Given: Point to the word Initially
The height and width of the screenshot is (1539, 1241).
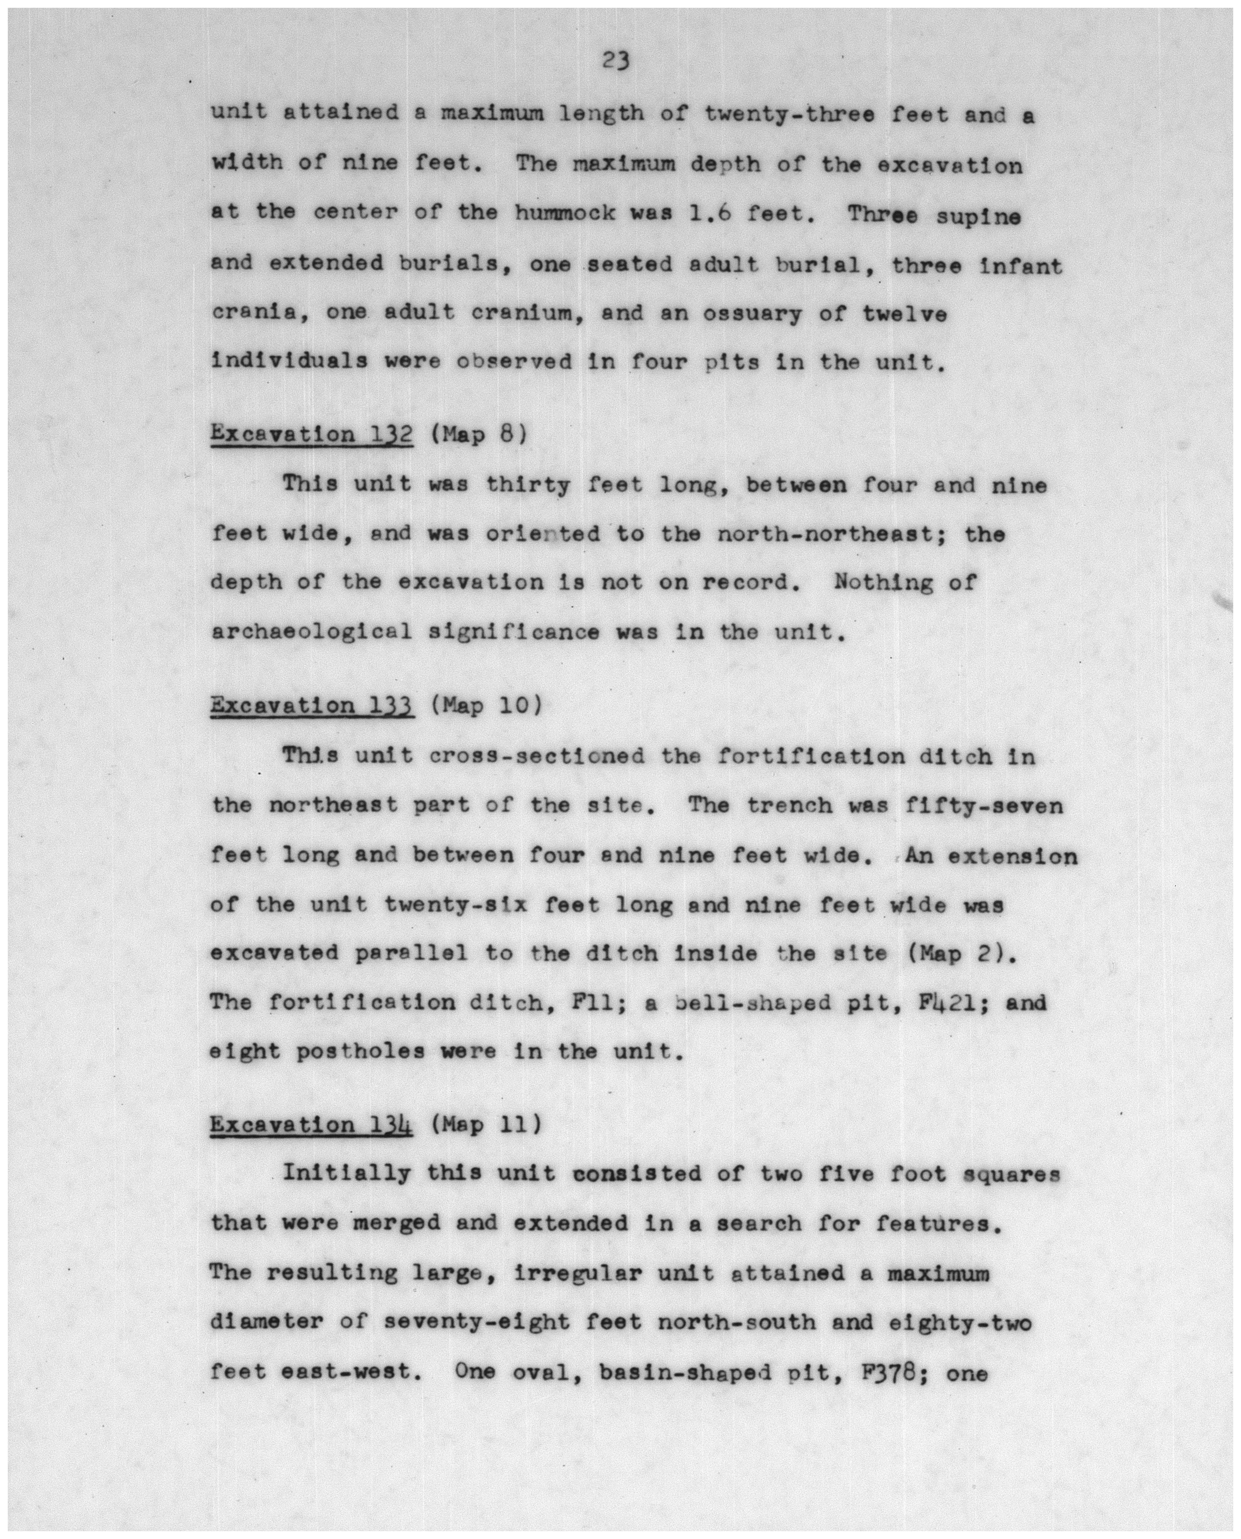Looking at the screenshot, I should click(347, 1174).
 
